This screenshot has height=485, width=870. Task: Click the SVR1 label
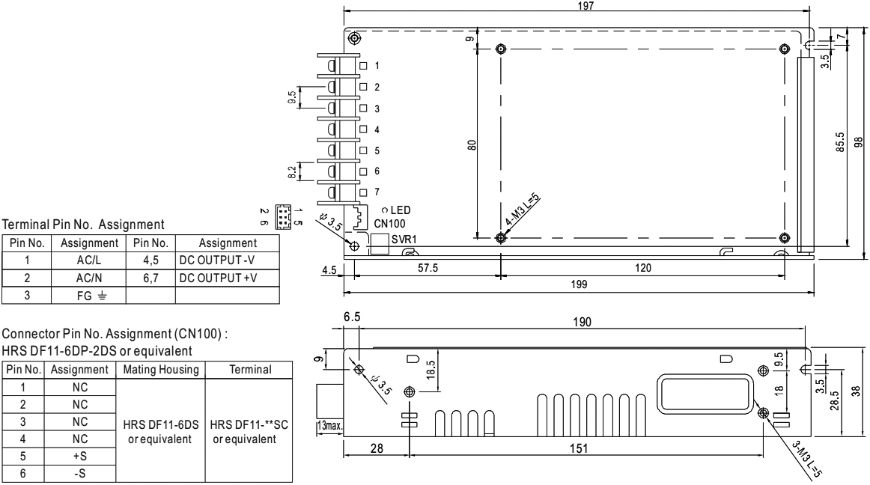pos(404,238)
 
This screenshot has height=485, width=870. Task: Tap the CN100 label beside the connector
pos(392,223)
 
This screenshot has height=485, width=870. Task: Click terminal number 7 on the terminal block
pos(377,192)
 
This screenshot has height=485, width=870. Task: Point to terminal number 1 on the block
pos(377,67)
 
